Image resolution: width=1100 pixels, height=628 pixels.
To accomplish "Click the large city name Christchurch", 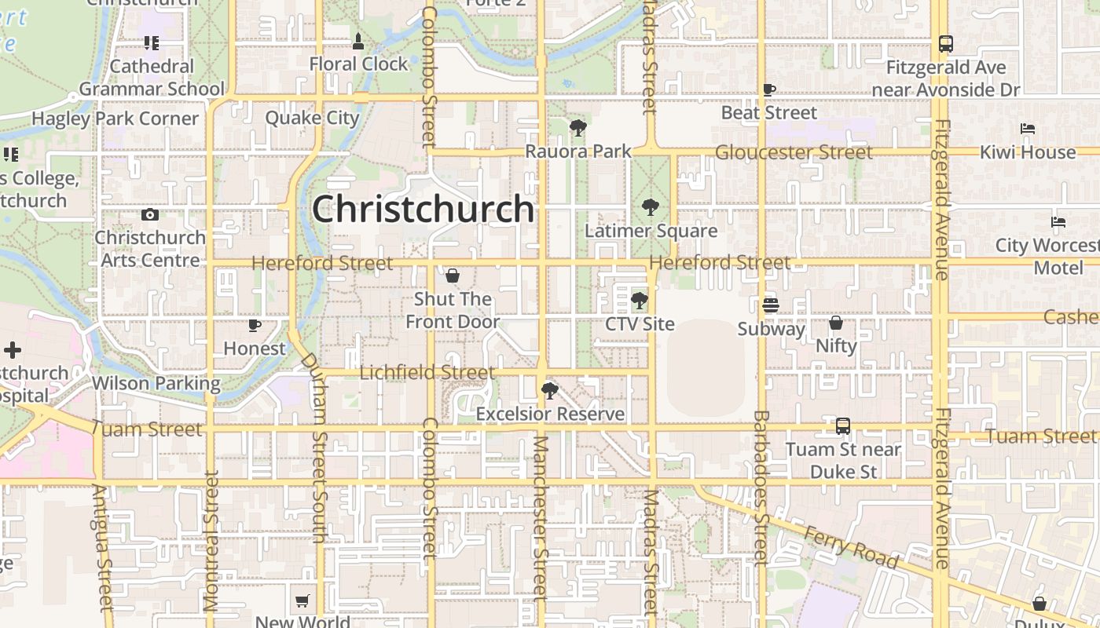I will click(423, 210).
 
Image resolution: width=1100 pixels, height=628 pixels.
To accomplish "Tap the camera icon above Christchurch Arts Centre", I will click(150, 214).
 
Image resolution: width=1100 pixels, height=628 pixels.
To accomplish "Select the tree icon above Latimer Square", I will click(650, 207).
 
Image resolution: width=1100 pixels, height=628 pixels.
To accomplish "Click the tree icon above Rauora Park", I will click(577, 127).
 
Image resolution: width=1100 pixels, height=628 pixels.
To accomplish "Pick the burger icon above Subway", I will click(770, 305).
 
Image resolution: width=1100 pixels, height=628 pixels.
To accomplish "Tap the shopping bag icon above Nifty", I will click(836, 323).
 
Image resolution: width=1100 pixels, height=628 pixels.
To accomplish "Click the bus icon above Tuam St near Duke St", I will click(843, 426).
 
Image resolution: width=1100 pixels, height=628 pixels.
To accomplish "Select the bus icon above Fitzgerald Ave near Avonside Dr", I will click(946, 44).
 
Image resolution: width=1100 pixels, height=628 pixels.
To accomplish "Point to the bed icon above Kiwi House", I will click(1027, 129).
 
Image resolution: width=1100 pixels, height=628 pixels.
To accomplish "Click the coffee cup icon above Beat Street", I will click(769, 90).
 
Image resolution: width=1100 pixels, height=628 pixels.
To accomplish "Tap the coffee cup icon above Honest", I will click(255, 324).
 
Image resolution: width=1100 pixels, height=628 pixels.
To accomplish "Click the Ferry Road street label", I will click(851, 546).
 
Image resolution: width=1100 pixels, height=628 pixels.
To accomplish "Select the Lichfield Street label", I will click(427, 372).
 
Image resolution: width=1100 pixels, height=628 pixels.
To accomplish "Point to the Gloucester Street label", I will click(794, 152).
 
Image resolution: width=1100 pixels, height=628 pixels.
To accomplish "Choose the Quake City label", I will click(312, 119).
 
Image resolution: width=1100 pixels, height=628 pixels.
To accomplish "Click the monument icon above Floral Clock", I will click(358, 41).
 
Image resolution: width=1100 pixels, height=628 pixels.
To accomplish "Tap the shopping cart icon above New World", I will click(302, 601).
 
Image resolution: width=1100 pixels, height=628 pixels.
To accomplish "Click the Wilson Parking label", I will click(156, 383).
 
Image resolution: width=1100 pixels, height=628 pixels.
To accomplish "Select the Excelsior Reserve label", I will click(550, 414).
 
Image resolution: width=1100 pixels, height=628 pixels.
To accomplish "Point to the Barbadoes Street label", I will click(760, 487).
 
